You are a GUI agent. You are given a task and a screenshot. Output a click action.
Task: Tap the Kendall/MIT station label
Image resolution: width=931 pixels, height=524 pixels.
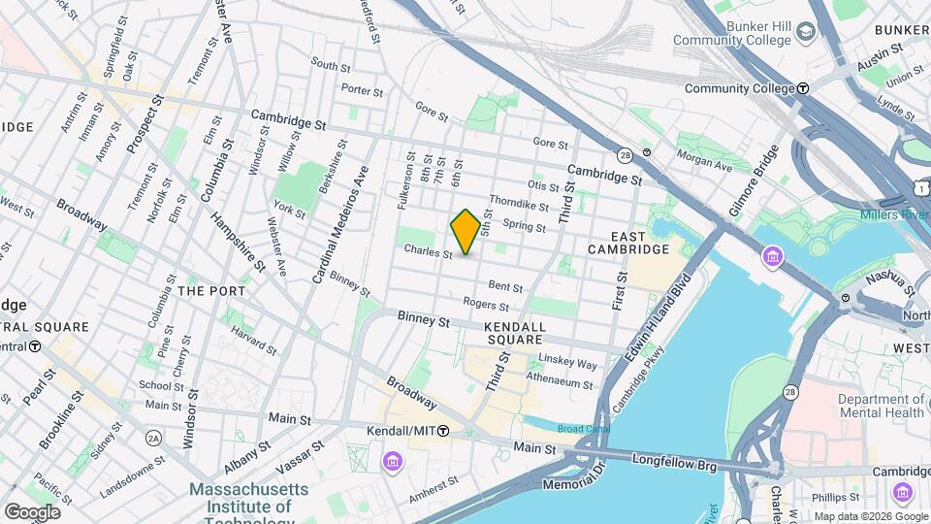(406, 431)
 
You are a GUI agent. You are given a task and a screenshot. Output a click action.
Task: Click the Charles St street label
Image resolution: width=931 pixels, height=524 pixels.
(428, 252)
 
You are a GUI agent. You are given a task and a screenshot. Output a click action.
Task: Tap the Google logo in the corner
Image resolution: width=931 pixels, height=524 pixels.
(32, 511)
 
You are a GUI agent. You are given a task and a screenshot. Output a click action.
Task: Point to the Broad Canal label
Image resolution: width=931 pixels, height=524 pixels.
(582, 429)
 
